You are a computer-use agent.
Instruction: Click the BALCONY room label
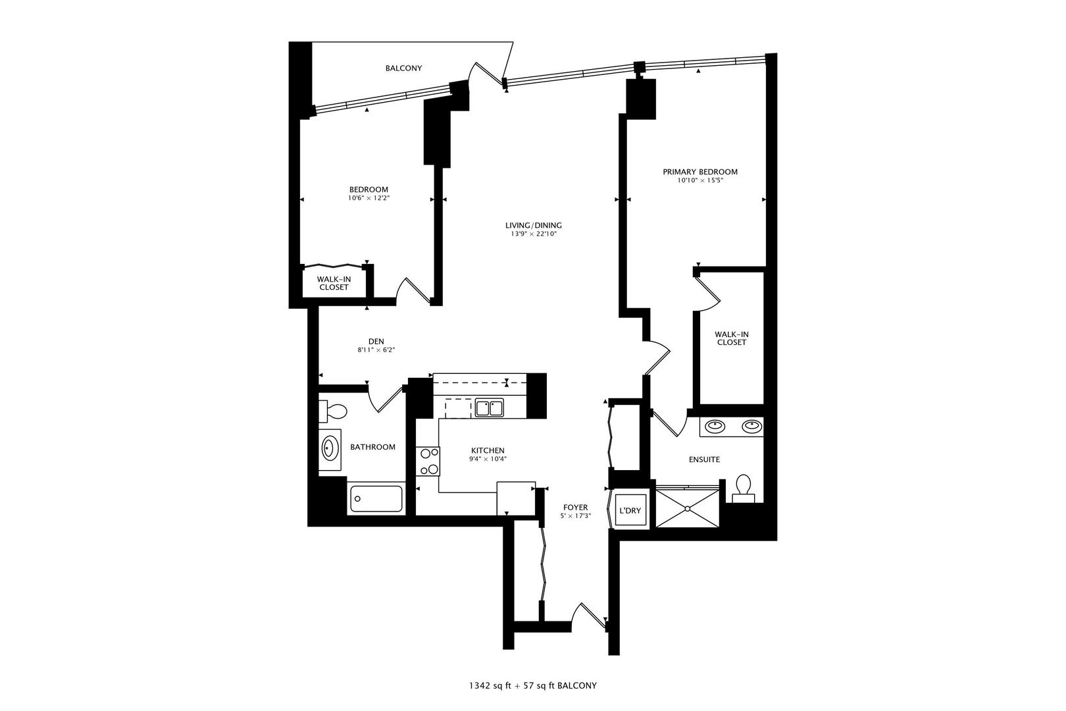point(403,68)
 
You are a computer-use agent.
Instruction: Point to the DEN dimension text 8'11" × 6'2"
point(376,350)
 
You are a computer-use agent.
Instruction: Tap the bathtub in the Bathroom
point(376,498)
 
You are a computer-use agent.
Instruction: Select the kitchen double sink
point(489,408)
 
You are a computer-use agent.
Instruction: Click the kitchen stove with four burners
point(428,461)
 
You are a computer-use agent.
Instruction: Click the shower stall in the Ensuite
point(688,508)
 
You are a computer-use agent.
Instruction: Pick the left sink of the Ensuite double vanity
point(715,427)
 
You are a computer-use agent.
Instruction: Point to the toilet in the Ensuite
point(744,485)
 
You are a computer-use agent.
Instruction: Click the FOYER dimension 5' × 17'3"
point(575,516)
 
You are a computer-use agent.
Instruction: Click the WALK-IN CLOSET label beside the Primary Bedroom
point(732,338)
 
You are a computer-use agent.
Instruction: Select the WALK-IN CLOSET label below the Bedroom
point(334,283)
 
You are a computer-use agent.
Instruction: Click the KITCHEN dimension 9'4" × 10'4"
point(488,459)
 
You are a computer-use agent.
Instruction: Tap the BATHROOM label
point(372,447)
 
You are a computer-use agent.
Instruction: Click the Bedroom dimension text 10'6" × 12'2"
point(368,198)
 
